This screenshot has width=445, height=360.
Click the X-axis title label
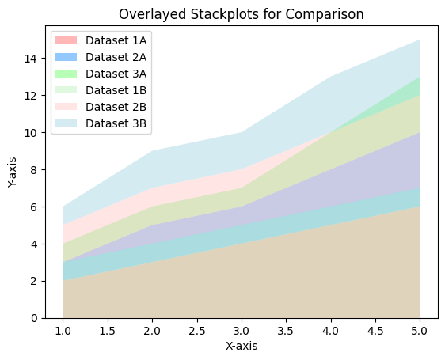pos(242,346)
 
